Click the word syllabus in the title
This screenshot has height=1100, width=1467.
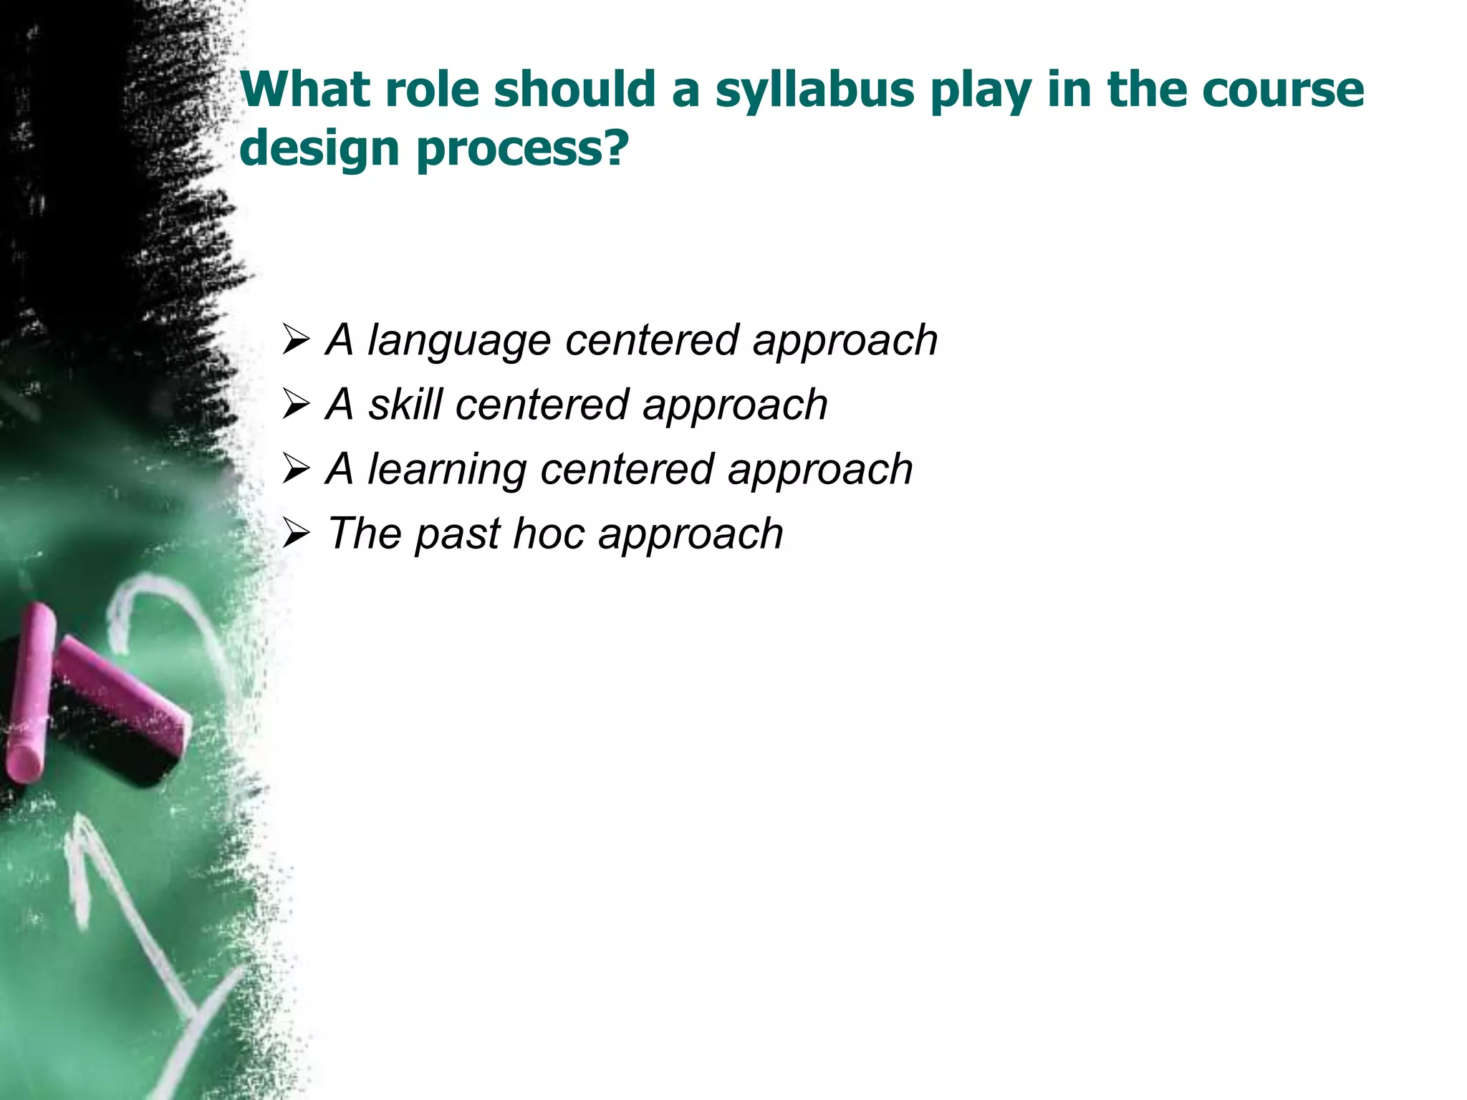[x=815, y=92]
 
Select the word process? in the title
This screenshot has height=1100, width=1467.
[x=523, y=149]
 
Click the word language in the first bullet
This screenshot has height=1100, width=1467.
[x=458, y=341]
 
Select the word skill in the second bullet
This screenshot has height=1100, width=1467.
[x=405, y=405]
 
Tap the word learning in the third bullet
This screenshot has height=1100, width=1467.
[x=447, y=470]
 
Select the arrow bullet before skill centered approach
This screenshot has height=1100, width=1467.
[x=295, y=405]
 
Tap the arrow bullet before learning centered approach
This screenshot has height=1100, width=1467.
[x=295, y=469]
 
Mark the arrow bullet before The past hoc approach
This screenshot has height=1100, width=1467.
[x=295, y=534]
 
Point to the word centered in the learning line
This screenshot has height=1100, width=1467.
[x=627, y=470]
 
